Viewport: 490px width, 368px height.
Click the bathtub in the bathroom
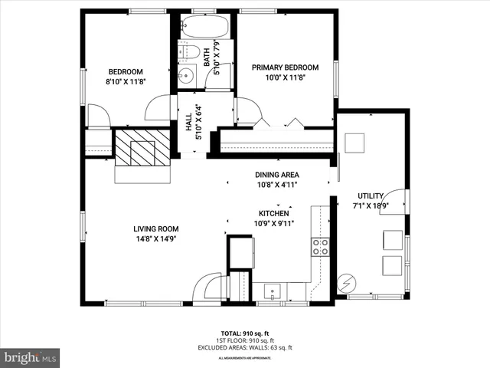pyautogui.click(x=203, y=28)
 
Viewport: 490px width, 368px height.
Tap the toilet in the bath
pyautogui.click(x=186, y=54)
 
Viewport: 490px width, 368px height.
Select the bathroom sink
pyautogui.click(x=187, y=76)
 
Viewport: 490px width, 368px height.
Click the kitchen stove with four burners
pyautogui.click(x=320, y=246)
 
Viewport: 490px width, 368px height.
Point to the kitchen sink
pyautogui.click(x=273, y=291)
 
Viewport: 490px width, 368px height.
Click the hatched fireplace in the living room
pyautogui.click(x=141, y=147)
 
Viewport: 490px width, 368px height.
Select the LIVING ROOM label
pyautogui.click(x=155, y=228)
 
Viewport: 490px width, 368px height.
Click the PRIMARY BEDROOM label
pyautogui.click(x=285, y=67)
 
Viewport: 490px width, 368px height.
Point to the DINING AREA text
pyautogui.click(x=276, y=175)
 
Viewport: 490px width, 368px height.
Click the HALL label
pyautogui.click(x=188, y=122)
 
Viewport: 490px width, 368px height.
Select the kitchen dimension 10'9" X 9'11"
pyautogui.click(x=273, y=224)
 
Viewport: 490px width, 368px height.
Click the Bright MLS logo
pyautogui.click(x=31, y=356)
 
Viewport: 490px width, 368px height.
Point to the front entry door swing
pyautogui.click(x=207, y=290)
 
